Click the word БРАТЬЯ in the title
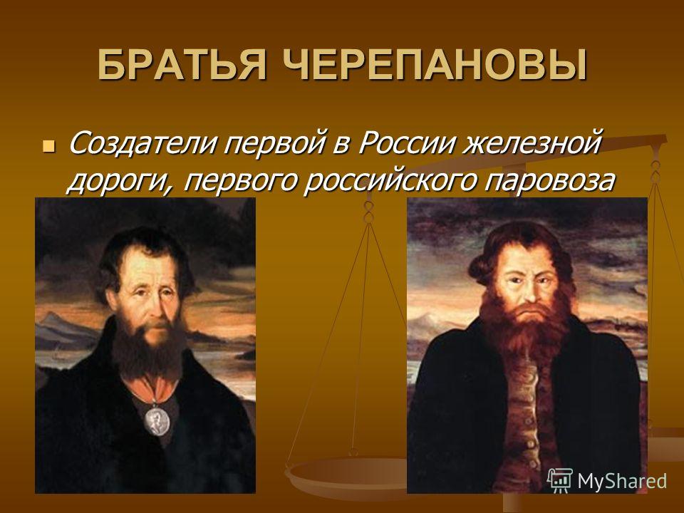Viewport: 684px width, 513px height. pos(182,65)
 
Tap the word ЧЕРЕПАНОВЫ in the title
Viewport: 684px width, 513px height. pos(434,65)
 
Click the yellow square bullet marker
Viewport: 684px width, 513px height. pos(48,145)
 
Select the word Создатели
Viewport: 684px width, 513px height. pos(142,142)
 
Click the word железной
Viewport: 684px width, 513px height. pos(532,142)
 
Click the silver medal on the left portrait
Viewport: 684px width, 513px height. pos(157,420)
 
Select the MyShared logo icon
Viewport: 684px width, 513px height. pos(560,480)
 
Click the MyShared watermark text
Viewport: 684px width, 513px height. pos(621,481)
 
